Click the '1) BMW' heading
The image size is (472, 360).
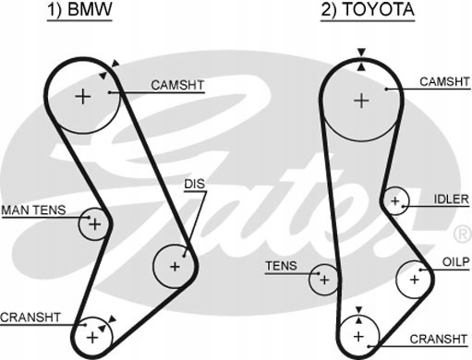79,9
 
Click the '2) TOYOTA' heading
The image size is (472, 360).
368,9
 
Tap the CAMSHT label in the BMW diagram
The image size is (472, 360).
177,85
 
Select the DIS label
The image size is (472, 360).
194,184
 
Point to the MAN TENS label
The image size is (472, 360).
33,210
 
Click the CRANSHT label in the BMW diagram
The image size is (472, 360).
30,318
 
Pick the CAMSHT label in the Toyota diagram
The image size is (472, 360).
444,81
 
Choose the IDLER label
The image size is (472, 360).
451,199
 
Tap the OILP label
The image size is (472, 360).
455,262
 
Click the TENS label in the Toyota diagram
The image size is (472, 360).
281,266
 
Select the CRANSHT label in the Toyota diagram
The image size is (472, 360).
439,339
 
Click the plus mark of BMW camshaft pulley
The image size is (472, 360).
83,97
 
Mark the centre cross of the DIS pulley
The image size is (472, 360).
175,266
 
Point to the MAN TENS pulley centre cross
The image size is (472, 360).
95,224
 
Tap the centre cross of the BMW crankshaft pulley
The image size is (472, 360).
92,338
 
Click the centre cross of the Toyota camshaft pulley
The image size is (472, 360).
361,101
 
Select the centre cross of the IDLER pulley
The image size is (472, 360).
395,201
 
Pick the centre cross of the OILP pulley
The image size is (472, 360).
415,280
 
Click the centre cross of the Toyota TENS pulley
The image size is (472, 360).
324,280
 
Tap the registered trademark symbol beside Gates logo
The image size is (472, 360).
463,234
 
